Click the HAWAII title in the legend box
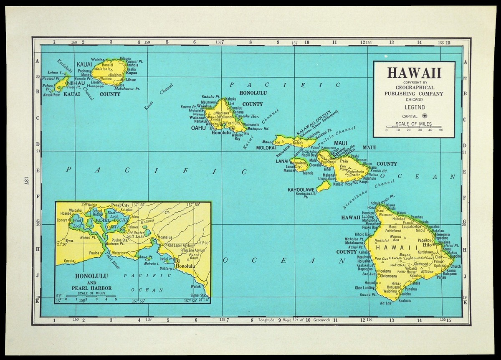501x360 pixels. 414,73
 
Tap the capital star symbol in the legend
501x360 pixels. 425,116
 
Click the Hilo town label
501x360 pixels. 427,245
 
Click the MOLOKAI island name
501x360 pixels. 265,148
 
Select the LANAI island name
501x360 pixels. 282,161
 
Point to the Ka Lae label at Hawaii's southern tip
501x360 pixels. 385,303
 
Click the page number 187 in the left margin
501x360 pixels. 26,180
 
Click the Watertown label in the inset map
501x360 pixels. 119,254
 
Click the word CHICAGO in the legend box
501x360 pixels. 414,100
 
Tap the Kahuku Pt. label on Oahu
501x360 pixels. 210,96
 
